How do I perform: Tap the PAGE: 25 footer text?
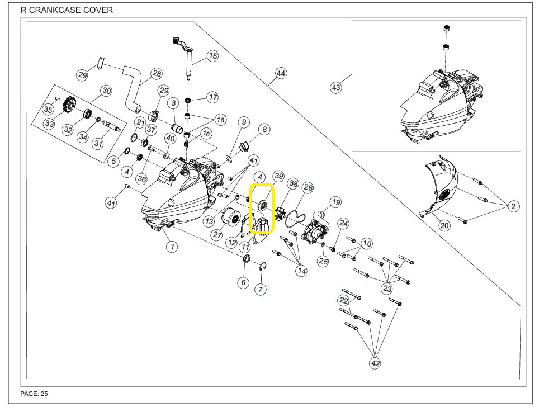(x=34, y=394)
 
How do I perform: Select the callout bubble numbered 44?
(x=281, y=74)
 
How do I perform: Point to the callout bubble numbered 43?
(x=336, y=87)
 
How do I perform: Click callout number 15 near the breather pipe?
(x=212, y=55)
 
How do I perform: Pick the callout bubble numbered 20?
(x=444, y=225)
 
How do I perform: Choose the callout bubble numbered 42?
(x=375, y=363)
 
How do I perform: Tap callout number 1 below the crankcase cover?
(x=173, y=247)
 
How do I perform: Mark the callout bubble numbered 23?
(x=387, y=288)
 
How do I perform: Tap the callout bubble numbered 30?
(x=106, y=91)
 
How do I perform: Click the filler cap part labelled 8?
(x=244, y=146)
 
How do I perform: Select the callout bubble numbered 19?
(x=335, y=202)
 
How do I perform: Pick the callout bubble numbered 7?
(x=261, y=289)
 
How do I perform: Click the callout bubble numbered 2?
(x=513, y=206)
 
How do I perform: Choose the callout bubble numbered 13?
(x=209, y=221)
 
